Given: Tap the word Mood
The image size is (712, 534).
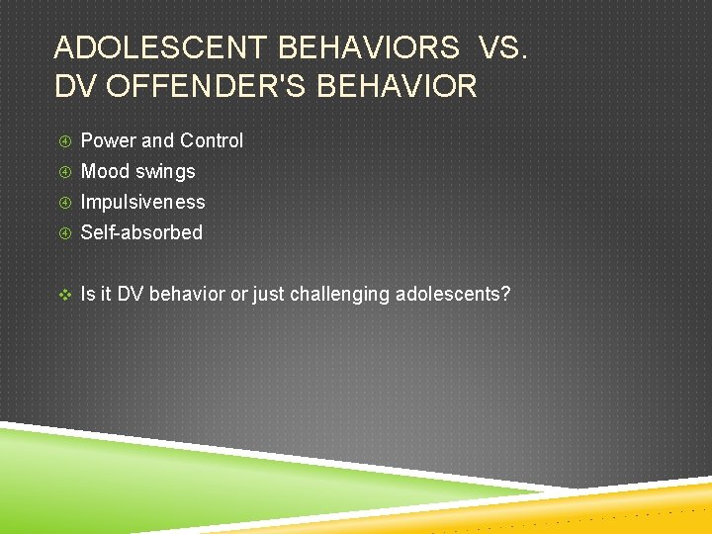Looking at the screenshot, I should (x=105, y=171).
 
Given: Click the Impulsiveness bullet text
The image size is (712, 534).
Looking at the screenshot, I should (x=142, y=202).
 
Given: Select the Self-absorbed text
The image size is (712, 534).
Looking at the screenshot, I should (x=141, y=232).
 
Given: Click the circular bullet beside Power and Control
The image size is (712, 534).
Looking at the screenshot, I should (x=64, y=141).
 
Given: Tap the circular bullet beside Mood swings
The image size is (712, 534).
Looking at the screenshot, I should (x=64, y=172).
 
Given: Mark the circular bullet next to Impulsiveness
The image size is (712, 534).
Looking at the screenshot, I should (x=64, y=203).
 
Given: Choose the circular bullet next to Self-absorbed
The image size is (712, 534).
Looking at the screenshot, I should (x=64, y=233).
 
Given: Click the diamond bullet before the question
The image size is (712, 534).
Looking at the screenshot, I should (x=64, y=294).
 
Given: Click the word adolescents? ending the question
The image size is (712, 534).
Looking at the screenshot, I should (x=453, y=294).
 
